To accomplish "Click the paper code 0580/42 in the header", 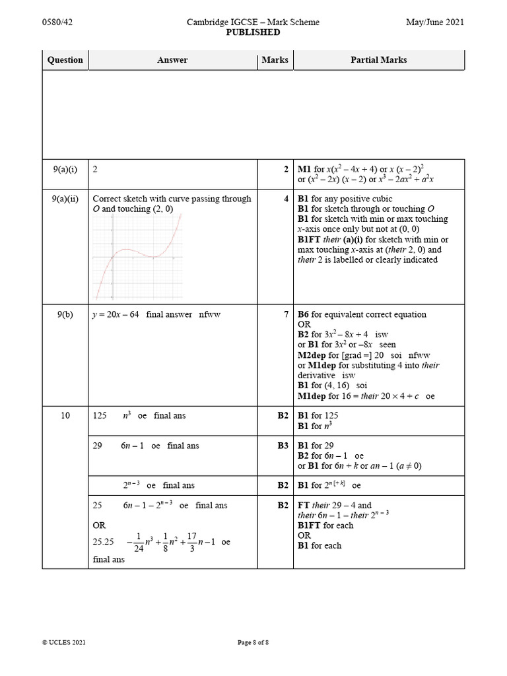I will click(56, 22).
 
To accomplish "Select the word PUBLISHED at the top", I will click(253, 32).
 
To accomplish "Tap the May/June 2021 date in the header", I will click(435, 22).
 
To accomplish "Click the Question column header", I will click(65, 60).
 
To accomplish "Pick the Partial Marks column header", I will click(378, 60).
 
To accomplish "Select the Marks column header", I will click(275, 60).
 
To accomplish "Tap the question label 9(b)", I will click(65, 315).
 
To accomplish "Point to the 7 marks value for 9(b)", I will click(286, 315).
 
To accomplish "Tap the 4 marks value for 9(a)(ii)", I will click(286, 199).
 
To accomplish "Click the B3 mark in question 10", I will click(283, 446).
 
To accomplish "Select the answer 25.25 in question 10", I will click(104, 541).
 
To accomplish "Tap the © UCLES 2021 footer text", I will click(64, 642).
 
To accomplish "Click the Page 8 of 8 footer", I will click(253, 642).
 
